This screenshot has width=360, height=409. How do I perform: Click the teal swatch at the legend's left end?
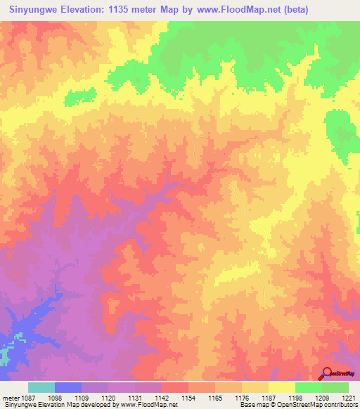pyautogui.click(x=41, y=387)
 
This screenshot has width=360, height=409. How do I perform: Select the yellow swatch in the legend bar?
pyautogui.click(x=281, y=387)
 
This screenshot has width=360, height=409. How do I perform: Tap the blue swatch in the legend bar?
pyautogui.click(x=68, y=387)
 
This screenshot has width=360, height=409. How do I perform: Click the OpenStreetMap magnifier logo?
pyautogui.click(x=327, y=373)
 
